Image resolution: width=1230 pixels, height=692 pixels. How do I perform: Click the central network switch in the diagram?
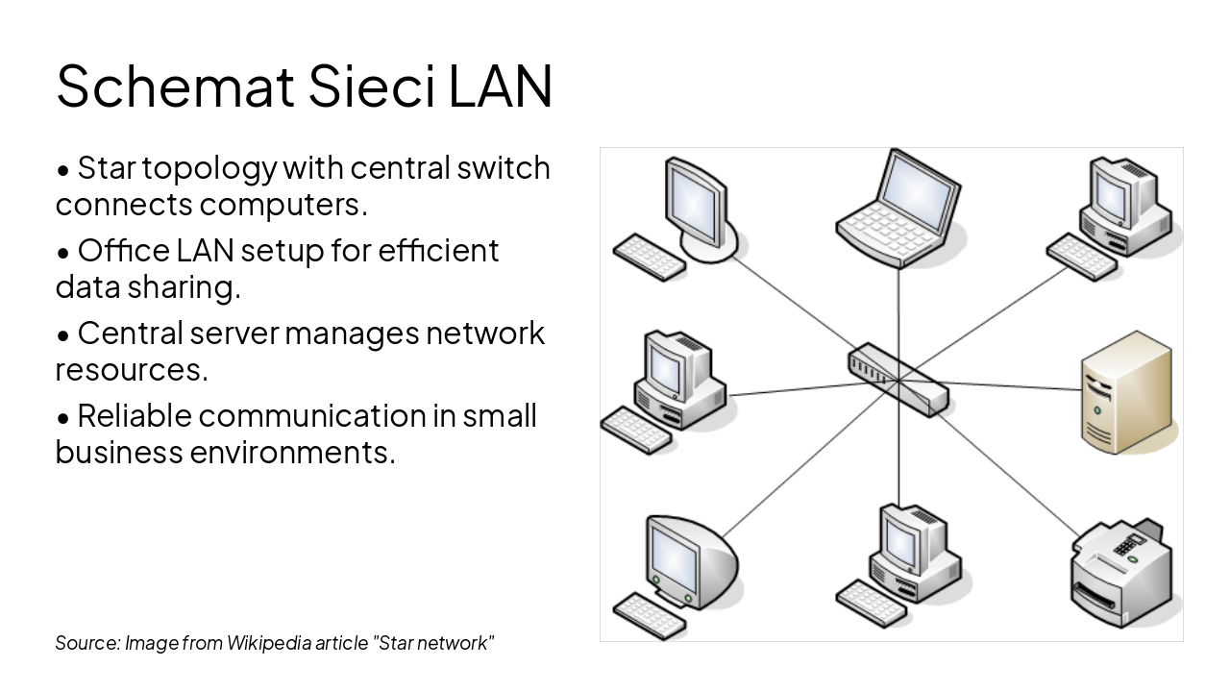pos(898,379)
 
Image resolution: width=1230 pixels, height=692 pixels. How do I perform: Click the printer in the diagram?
pos(1120,573)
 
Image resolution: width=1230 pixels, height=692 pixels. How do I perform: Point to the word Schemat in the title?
pos(176,85)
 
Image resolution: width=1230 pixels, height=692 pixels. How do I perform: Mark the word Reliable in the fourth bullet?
pos(134,416)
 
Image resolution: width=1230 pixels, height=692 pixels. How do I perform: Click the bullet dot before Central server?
pos(63,335)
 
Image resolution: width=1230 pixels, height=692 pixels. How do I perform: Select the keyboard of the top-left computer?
pos(649,257)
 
